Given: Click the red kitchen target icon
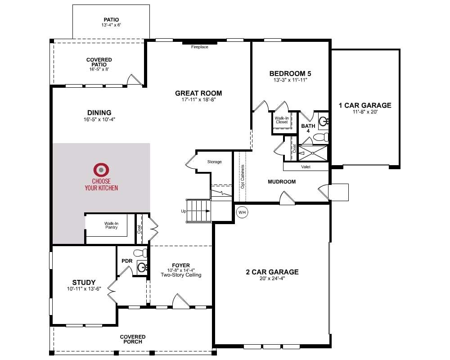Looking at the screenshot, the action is [x=101, y=170].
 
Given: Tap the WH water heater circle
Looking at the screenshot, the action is [x=242, y=212].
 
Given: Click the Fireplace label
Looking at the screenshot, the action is [x=200, y=47].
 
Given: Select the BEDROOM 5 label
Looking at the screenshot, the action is [x=290, y=74].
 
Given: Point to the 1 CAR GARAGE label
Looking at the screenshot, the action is [x=365, y=105].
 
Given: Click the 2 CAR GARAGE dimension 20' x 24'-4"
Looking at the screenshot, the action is [x=272, y=279].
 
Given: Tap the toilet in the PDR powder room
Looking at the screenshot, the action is [x=140, y=252].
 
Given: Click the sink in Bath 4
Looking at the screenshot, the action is [x=324, y=121].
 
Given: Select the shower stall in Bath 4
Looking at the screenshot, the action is [x=313, y=153].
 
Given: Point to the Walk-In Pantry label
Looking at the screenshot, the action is [x=111, y=225].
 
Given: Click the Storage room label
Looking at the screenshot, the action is [x=214, y=162].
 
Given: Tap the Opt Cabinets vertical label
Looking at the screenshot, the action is [x=243, y=176].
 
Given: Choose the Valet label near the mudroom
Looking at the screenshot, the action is [x=306, y=167].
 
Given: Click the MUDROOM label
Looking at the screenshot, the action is [x=282, y=182].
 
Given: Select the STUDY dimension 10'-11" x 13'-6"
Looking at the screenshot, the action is [x=84, y=289].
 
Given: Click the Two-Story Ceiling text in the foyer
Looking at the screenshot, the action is [x=181, y=275].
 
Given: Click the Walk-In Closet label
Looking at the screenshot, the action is [x=282, y=120].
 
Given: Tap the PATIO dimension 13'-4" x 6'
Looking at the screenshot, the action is [x=111, y=25].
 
